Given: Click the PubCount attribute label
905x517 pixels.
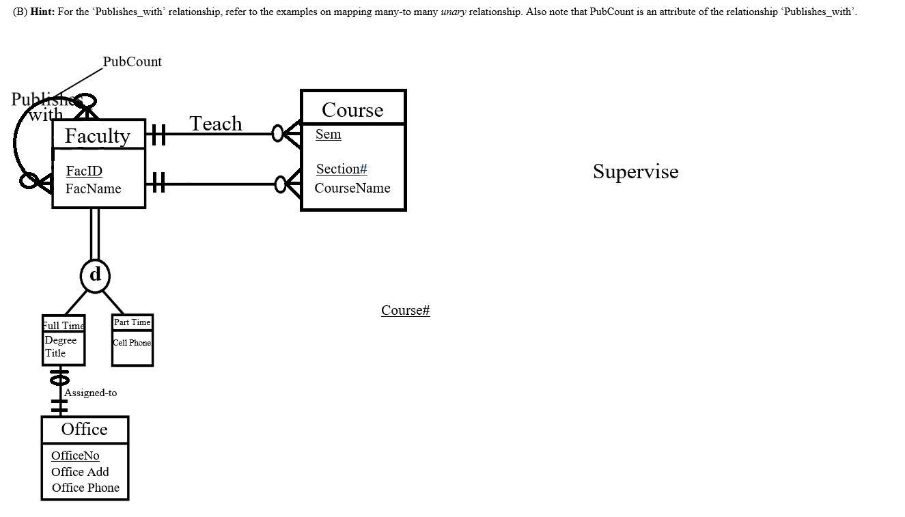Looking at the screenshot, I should pyautogui.click(x=132, y=61).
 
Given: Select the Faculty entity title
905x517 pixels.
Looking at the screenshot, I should pyautogui.click(x=97, y=136).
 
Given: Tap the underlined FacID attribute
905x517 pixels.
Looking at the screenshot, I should pyautogui.click(x=84, y=171).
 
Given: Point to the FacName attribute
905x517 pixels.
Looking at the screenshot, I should pyautogui.click(x=93, y=188).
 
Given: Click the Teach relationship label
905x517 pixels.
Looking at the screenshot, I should pyautogui.click(x=215, y=124).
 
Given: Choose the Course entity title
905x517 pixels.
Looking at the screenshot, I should pyautogui.click(x=352, y=110).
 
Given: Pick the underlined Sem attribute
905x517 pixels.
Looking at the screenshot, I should pyautogui.click(x=328, y=134).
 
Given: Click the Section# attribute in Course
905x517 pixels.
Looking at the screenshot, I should pyautogui.click(x=342, y=169).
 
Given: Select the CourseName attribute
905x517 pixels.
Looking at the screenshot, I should pyautogui.click(x=352, y=188).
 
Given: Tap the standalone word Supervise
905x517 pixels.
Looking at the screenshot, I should pyautogui.click(x=635, y=171).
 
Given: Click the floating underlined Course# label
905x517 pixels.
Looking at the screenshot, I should pyautogui.click(x=405, y=310).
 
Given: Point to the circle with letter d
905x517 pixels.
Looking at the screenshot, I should pyautogui.click(x=95, y=275).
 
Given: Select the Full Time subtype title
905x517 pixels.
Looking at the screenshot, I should pyautogui.click(x=64, y=325).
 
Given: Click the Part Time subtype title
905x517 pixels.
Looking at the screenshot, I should pyautogui.click(x=132, y=322).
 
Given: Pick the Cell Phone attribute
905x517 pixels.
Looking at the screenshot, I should pyautogui.click(x=132, y=343).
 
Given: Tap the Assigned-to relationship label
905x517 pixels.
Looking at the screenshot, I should pyautogui.click(x=90, y=393).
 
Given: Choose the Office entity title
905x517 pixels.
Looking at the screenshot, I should pyautogui.click(x=84, y=429).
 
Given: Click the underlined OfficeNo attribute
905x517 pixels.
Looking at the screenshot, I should pyautogui.click(x=75, y=456).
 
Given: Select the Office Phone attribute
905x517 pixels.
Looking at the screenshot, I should pyautogui.click(x=85, y=488).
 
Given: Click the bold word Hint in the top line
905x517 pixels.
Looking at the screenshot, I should pyautogui.click(x=42, y=12).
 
